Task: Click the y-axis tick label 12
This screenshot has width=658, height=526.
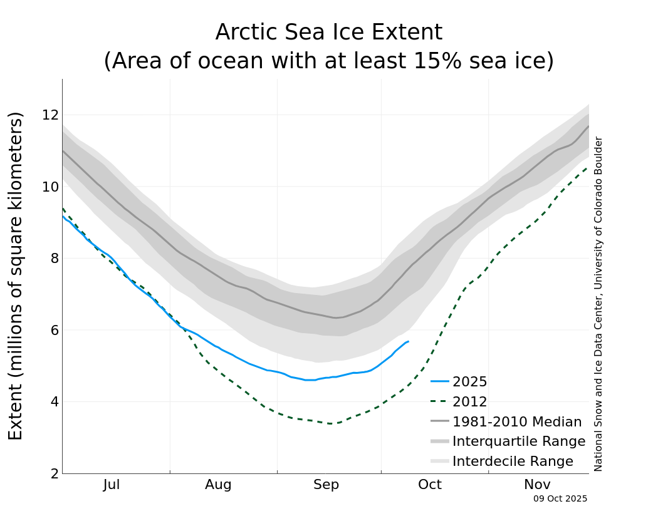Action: point(50,115)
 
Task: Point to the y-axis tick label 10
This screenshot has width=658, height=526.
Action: point(50,187)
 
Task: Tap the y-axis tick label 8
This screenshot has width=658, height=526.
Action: point(54,259)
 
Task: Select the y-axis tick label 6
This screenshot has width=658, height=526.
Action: point(54,330)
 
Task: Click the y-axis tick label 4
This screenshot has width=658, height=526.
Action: point(54,402)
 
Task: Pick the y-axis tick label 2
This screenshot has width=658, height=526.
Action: point(54,473)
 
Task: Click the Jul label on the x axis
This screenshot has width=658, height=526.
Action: point(112,485)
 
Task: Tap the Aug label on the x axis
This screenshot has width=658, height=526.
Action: point(218,485)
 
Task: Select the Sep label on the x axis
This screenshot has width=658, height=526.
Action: point(326,485)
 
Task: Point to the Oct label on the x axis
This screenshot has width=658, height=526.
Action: point(430,485)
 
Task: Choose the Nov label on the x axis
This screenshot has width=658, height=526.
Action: point(537,485)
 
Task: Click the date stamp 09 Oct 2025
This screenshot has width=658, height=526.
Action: point(560,499)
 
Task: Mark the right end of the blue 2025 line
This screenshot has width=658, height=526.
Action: point(409,341)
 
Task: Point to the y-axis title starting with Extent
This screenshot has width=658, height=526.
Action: point(16,276)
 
